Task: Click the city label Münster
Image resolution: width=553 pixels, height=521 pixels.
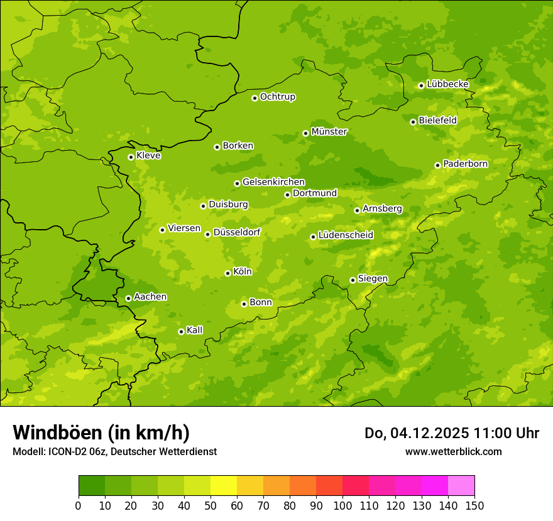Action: point(329,132)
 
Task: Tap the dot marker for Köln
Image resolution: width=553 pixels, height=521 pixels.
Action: point(227,273)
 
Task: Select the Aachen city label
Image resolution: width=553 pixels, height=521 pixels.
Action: point(150,297)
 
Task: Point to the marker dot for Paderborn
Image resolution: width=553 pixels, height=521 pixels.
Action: point(437,165)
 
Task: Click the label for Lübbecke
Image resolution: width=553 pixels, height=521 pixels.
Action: point(447,84)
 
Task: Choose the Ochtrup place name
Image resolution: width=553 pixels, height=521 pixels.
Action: point(278,97)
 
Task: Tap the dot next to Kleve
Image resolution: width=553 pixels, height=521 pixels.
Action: point(131,157)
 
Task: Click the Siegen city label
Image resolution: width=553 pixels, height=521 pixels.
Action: point(373,279)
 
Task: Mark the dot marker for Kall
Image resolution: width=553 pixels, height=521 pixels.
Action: point(181,331)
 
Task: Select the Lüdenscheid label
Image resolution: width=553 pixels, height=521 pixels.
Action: point(346,235)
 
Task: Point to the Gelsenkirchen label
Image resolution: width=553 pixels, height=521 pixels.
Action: point(273,182)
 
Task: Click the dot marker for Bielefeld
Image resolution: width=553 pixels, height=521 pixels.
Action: point(413,122)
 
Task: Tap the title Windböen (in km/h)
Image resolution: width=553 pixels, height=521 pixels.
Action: point(101,432)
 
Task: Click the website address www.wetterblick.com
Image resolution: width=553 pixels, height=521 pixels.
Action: point(453,451)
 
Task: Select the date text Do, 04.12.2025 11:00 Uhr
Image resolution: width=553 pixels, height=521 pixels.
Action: point(451,433)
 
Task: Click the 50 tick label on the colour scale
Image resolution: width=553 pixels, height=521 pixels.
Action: point(210,506)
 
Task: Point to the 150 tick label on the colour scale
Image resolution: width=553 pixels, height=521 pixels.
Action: point(474,506)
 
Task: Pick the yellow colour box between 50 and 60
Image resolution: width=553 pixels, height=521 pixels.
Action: point(223,485)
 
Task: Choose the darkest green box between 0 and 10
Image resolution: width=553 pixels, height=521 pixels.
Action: point(91,485)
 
